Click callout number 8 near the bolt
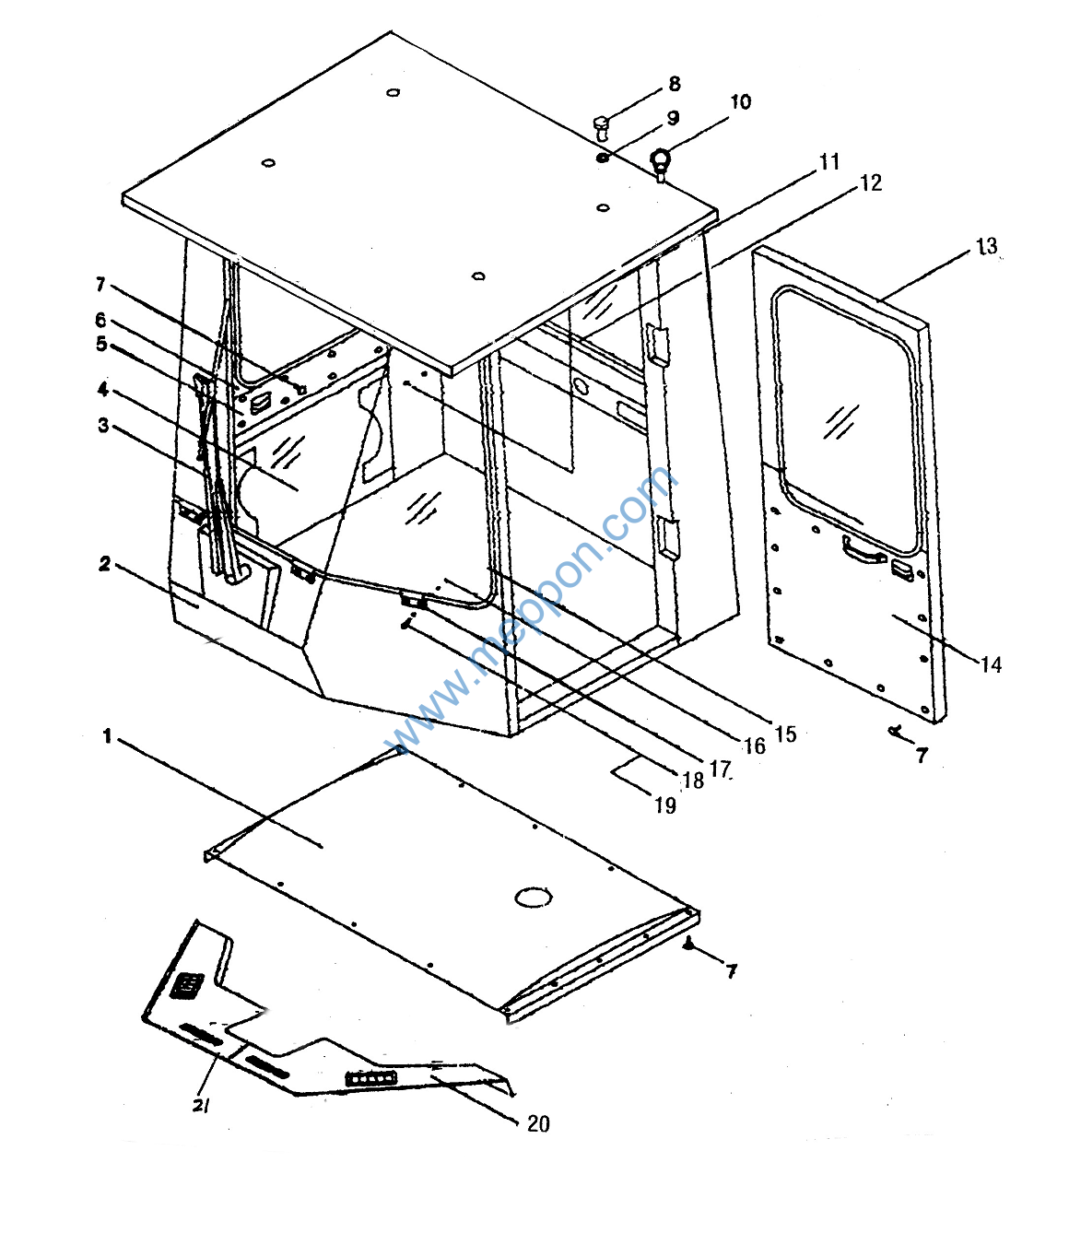(x=674, y=84)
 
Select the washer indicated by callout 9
(x=603, y=158)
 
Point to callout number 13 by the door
(x=987, y=246)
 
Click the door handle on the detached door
(x=863, y=549)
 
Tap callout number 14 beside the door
(x=992, y=663)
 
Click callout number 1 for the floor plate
(x=108, y=736)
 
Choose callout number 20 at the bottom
(x=538, y=1124)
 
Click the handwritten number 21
(x=201, y=1105)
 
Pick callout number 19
(x=665, y=805)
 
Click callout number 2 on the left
(x=105, y=563)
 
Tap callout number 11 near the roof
(x=829, y=161)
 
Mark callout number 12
(x=871, y=182)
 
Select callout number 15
(x=786, y=734)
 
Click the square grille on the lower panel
(x=187, y=985)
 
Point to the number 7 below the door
(x=922, y=756)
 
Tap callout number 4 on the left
(x=103, y=390)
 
